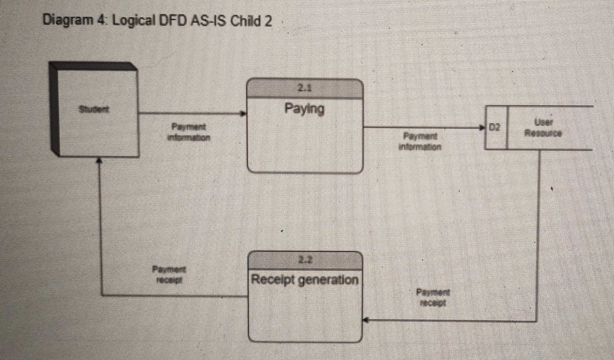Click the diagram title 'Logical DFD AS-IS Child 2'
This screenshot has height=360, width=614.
[x=192, y=22]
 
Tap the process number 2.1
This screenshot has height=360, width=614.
[x=304, y=89]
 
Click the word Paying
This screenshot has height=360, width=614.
[x=304, y=109]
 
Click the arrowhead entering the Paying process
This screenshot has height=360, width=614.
[x=244, y=114]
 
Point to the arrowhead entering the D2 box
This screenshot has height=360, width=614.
[x=482, y=127]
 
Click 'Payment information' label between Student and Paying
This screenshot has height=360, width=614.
[x=189, y=132]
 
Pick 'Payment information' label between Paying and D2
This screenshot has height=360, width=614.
[x=420, y=141]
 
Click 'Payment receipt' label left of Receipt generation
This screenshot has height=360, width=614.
[x=169, y=274]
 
